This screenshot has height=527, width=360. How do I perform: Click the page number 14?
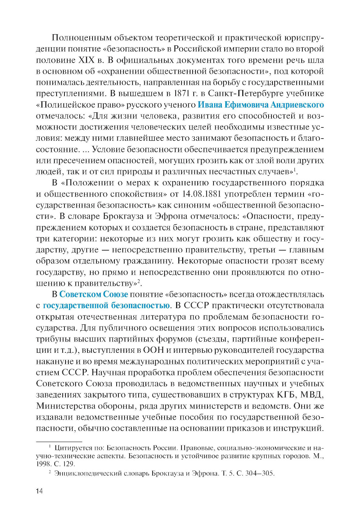[39, 491]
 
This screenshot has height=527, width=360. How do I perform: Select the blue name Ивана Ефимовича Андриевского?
[261, 105]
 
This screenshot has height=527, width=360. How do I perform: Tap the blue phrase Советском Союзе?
[94, 294]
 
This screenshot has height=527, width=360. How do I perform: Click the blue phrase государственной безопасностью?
[106, 305]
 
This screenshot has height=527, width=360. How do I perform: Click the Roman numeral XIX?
[86, 60]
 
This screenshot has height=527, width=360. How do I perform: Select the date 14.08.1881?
[201, 194]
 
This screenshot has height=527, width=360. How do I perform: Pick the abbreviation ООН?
[153, 350]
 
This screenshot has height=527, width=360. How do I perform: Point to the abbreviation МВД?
[312, 395]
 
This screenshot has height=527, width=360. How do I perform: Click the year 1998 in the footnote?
[44, 464]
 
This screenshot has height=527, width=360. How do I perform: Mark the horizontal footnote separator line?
[59, 441]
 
